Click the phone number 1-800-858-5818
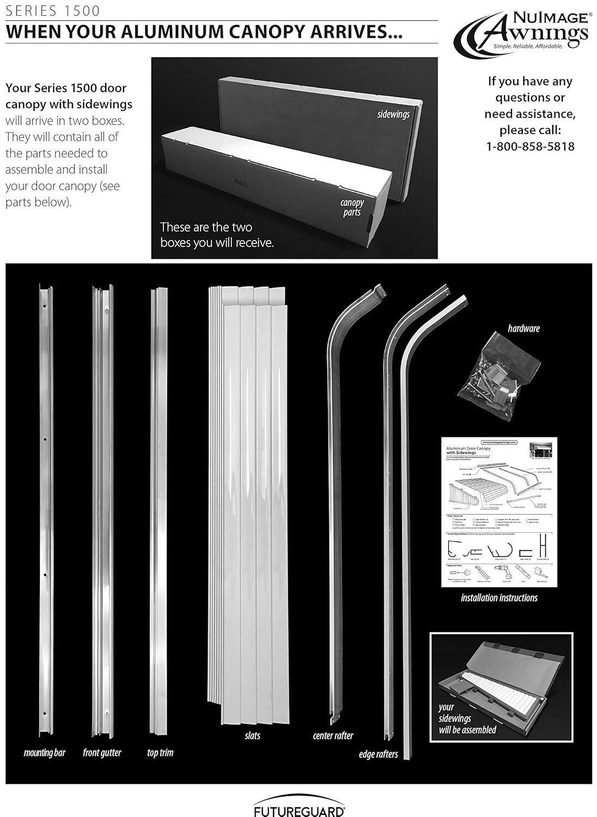click(x=530, y=147)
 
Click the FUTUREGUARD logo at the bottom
click(x=298, y=810)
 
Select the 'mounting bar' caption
click(x=45, y=753)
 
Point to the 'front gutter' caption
click(x=102, y=753)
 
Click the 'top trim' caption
click(x=160, y=753)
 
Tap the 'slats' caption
click(x=252, y=736)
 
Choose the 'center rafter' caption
click(x=333, y=736)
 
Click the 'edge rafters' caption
click(x=378, y=754)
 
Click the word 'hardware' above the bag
click(x=523, y=328)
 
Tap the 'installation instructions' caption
click(x=499, y=597)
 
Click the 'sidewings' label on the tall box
click(x=393, y=114)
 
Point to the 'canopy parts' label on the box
click(x=352, y=208)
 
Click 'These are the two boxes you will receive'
click(x=217, y=235)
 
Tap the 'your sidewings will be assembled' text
click(x=467, y=719)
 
